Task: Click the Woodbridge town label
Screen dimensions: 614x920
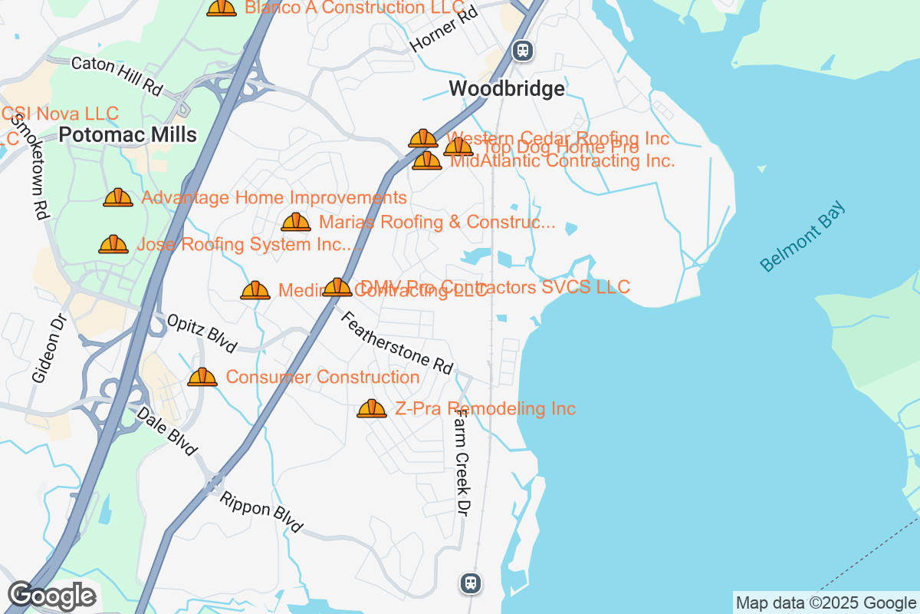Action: pyautogui.click(x=507, y=89)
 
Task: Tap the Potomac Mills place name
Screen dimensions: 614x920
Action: pyautogui.click(x=128, y=135)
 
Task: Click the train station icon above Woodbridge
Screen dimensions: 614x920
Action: pyautogui.click(x=524, y=51)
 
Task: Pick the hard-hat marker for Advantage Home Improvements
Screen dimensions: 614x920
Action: pyautogui.click(x=118, y=198)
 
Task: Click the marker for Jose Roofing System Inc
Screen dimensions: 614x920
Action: pyautogui.click(x=113, y=245)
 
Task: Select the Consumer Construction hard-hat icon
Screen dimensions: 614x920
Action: pyautogui.click(x=202, y=378)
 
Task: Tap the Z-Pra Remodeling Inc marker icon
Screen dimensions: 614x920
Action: pyautogui.click(x=372, y=409)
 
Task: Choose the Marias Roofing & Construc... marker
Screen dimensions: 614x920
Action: pyautogui.click(x=296, y=223)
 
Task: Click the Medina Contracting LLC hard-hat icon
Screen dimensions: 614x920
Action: pyautogui.click(x=255, y=291)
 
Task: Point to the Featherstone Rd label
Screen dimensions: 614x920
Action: pyautogui.click(x=396, y=343)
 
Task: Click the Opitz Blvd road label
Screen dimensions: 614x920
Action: pyautogui.click(x=202, y=333)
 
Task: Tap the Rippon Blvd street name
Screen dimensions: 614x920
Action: pyautogui.click(x=261, y=512)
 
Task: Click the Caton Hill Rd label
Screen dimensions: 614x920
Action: pyautogui.click(x=117, y=76)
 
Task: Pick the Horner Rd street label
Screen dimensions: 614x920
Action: pyautogui.click(x=444, y=30)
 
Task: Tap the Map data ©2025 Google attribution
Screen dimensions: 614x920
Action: pyautogui.click(x=826, y=603)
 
